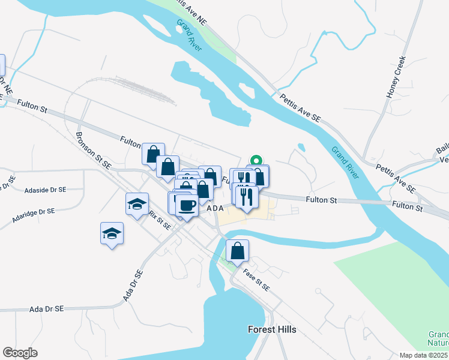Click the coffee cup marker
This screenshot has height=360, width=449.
coord(187,206)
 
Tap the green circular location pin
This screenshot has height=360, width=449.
coord(256,160)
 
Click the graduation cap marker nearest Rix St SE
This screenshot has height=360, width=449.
coord(137,204)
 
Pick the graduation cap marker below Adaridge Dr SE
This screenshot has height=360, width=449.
coord(112,233)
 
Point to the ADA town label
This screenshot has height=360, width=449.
coord(215,208)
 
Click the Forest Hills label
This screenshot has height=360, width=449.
coord(272,329)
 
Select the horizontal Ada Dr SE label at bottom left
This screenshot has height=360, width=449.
coord(47,309)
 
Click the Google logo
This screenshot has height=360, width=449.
coord(20,353)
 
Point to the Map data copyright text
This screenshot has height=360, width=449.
coord(424,355)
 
